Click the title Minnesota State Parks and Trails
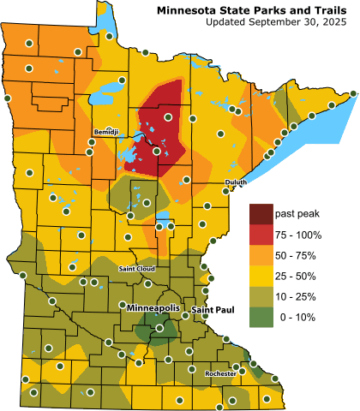(255, 9)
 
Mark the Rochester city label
(220, 373)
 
